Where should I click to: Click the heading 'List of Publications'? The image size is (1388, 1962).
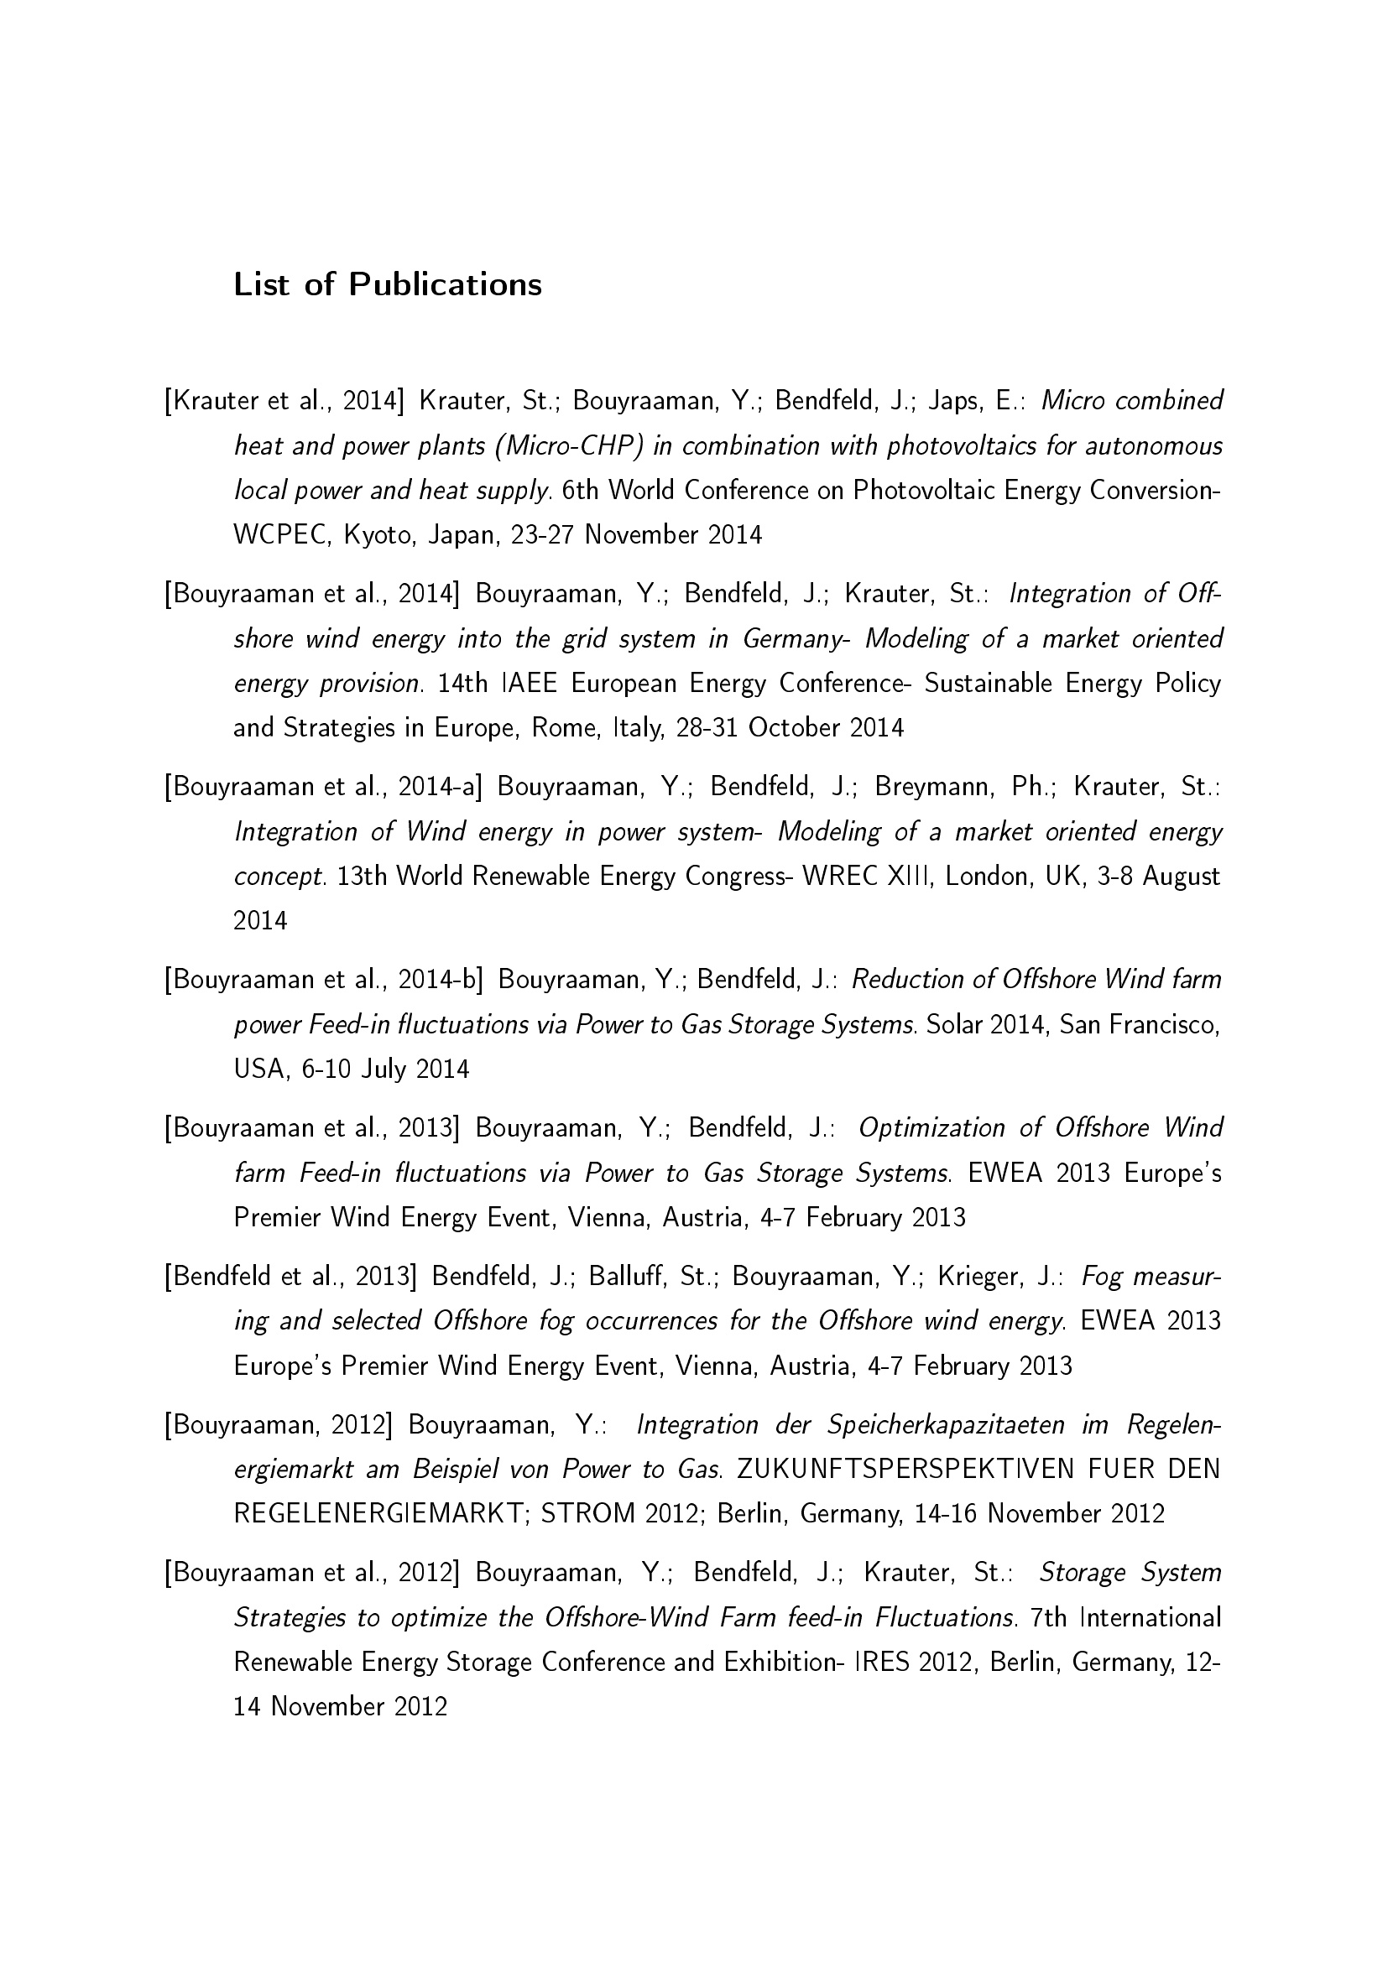click(x=387, y=284)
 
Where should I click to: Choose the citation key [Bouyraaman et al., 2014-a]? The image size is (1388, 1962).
click(x=324, y=787)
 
